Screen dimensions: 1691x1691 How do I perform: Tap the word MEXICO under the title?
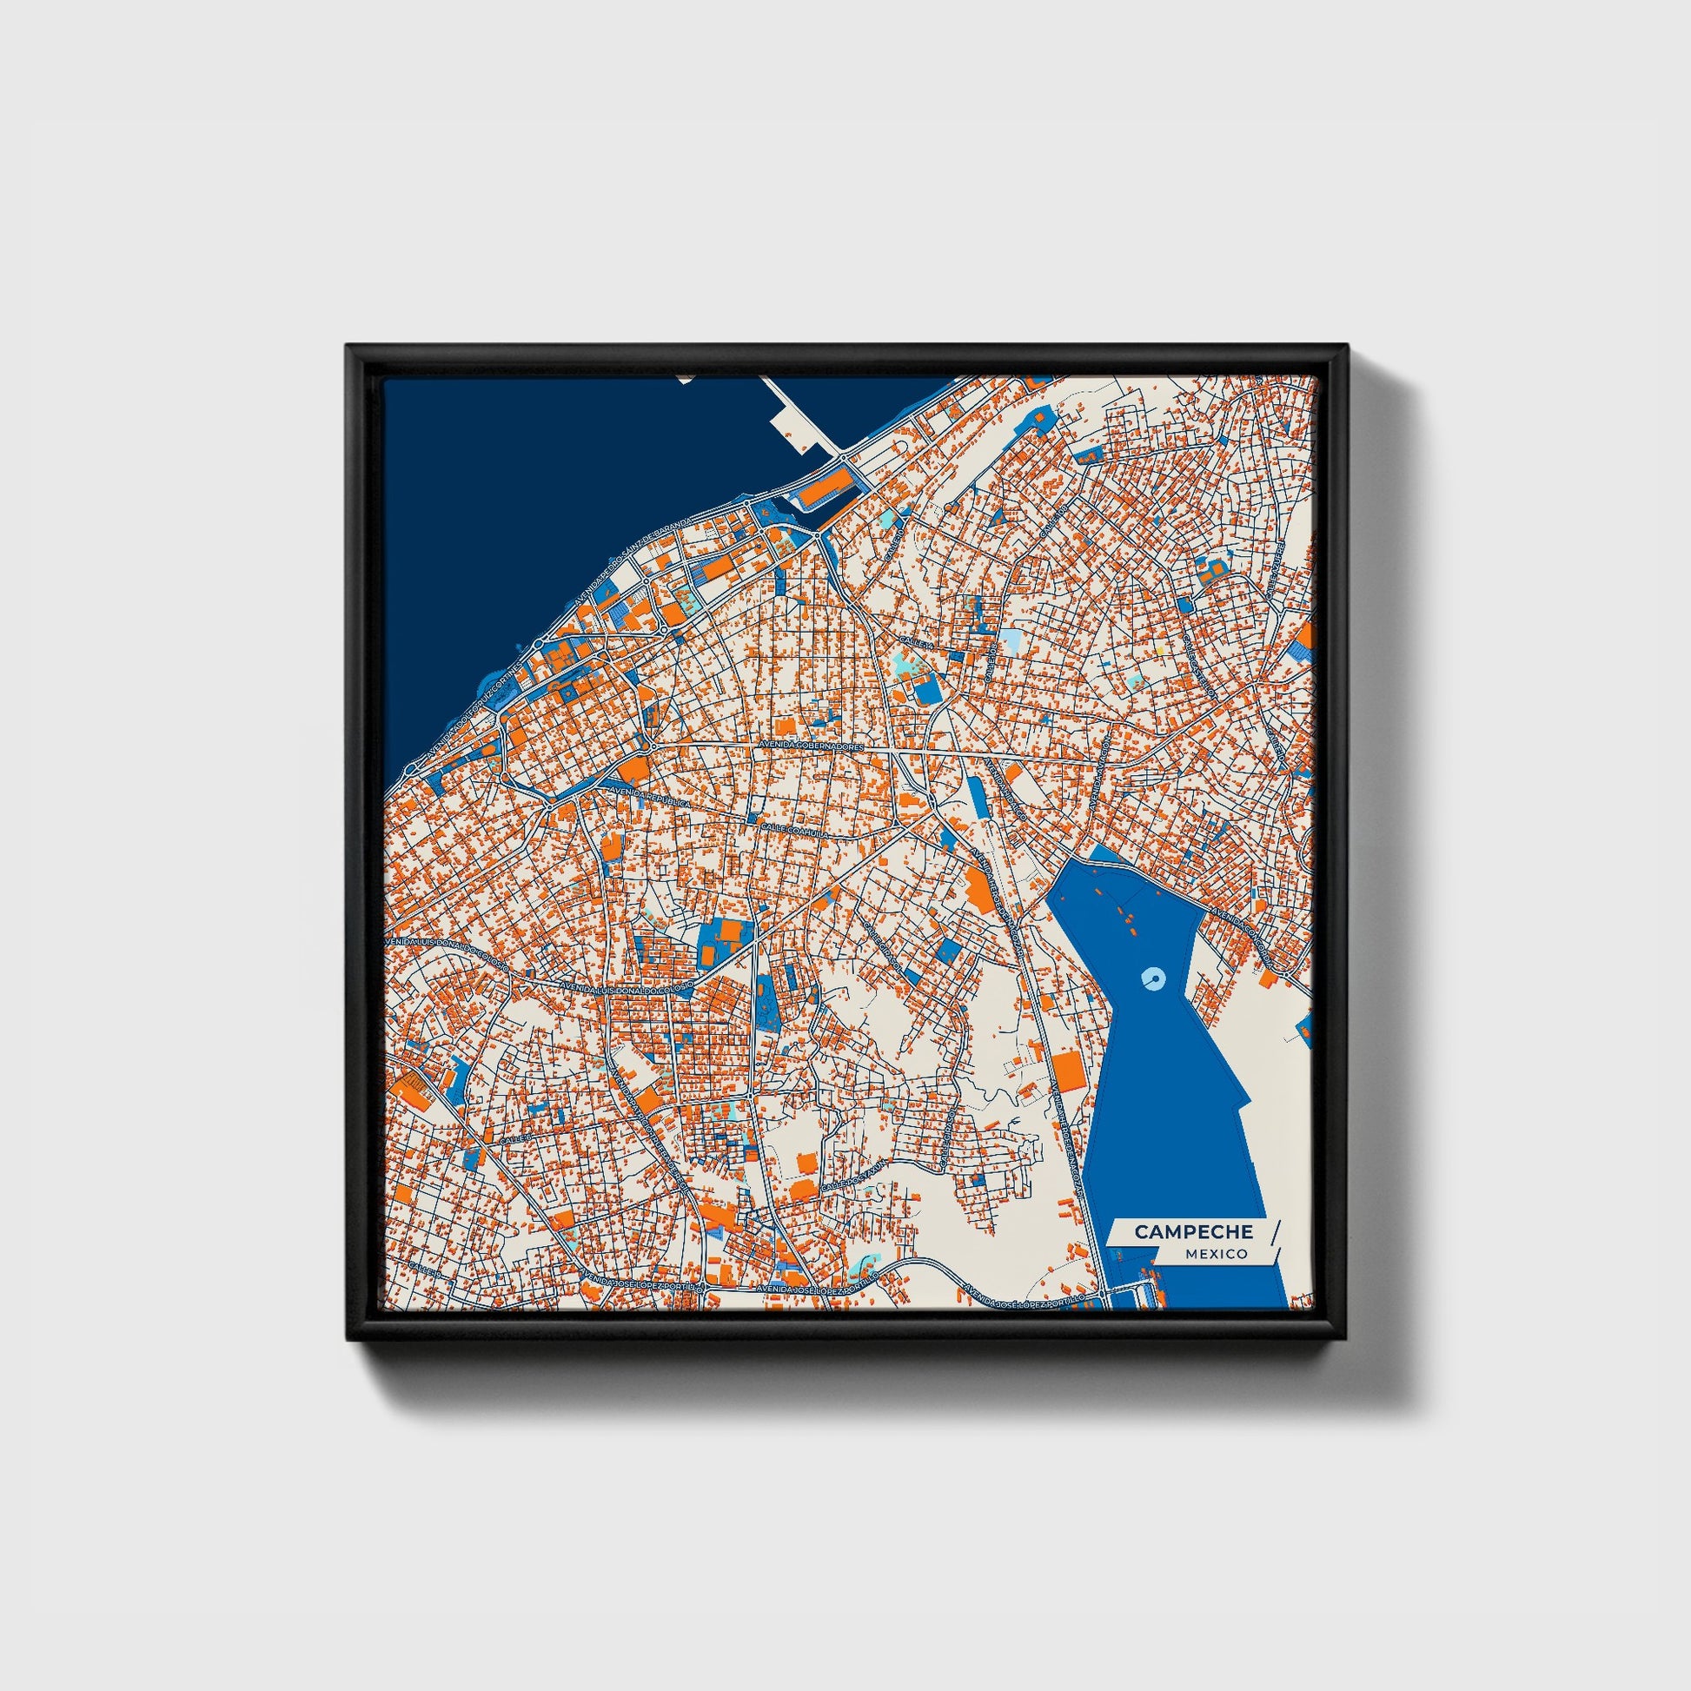pyautogui.click(x=1217, y=1254)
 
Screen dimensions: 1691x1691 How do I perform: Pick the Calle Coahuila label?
pyautogui.click(x=793, y=828)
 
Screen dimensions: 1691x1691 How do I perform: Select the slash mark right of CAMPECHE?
pyautogui.click(x=1275, y=1230)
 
